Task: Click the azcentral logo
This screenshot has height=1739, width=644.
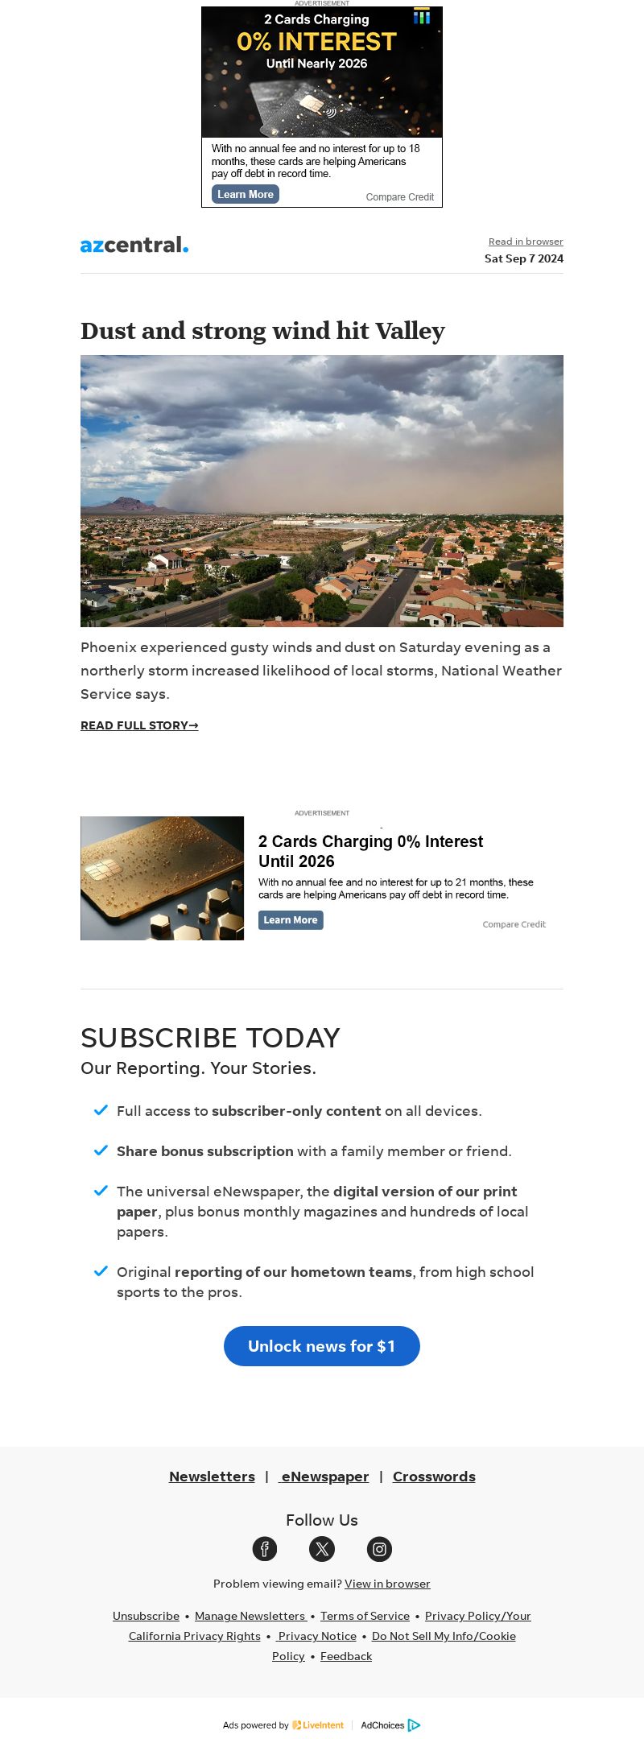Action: (x=134, y=245)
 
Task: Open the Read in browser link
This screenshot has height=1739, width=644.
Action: (x=526, y=242)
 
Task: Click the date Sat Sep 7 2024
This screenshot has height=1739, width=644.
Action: (x=523, y=258)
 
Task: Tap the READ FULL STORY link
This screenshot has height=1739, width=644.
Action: (x=139, y=725)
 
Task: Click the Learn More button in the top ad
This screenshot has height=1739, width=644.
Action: (x=246, y=194)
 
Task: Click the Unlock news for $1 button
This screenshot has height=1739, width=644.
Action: (x=322, y=1346)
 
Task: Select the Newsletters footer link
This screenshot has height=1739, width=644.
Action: (x=212, y=1477)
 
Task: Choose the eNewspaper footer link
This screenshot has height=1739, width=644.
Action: (x=324, y=1477)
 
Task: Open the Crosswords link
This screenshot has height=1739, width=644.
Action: (x=434, y=1477)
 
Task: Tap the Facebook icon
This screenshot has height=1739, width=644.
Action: (x=265, y=1548)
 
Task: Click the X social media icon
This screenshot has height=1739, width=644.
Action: (x=322, y=1548)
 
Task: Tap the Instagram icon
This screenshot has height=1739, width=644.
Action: (x=379, y=1548)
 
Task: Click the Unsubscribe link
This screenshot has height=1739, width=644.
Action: (x=146, y=1616)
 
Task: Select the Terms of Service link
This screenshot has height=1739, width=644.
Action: (x=365, y=1616)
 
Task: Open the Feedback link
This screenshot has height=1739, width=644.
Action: (x=346, y=1656)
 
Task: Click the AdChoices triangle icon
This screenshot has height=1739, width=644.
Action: (x=414, y=1725)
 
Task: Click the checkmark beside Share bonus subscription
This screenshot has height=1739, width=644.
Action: (x=101, y=1150)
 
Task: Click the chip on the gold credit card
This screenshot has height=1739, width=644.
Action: (x=99, y=870)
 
